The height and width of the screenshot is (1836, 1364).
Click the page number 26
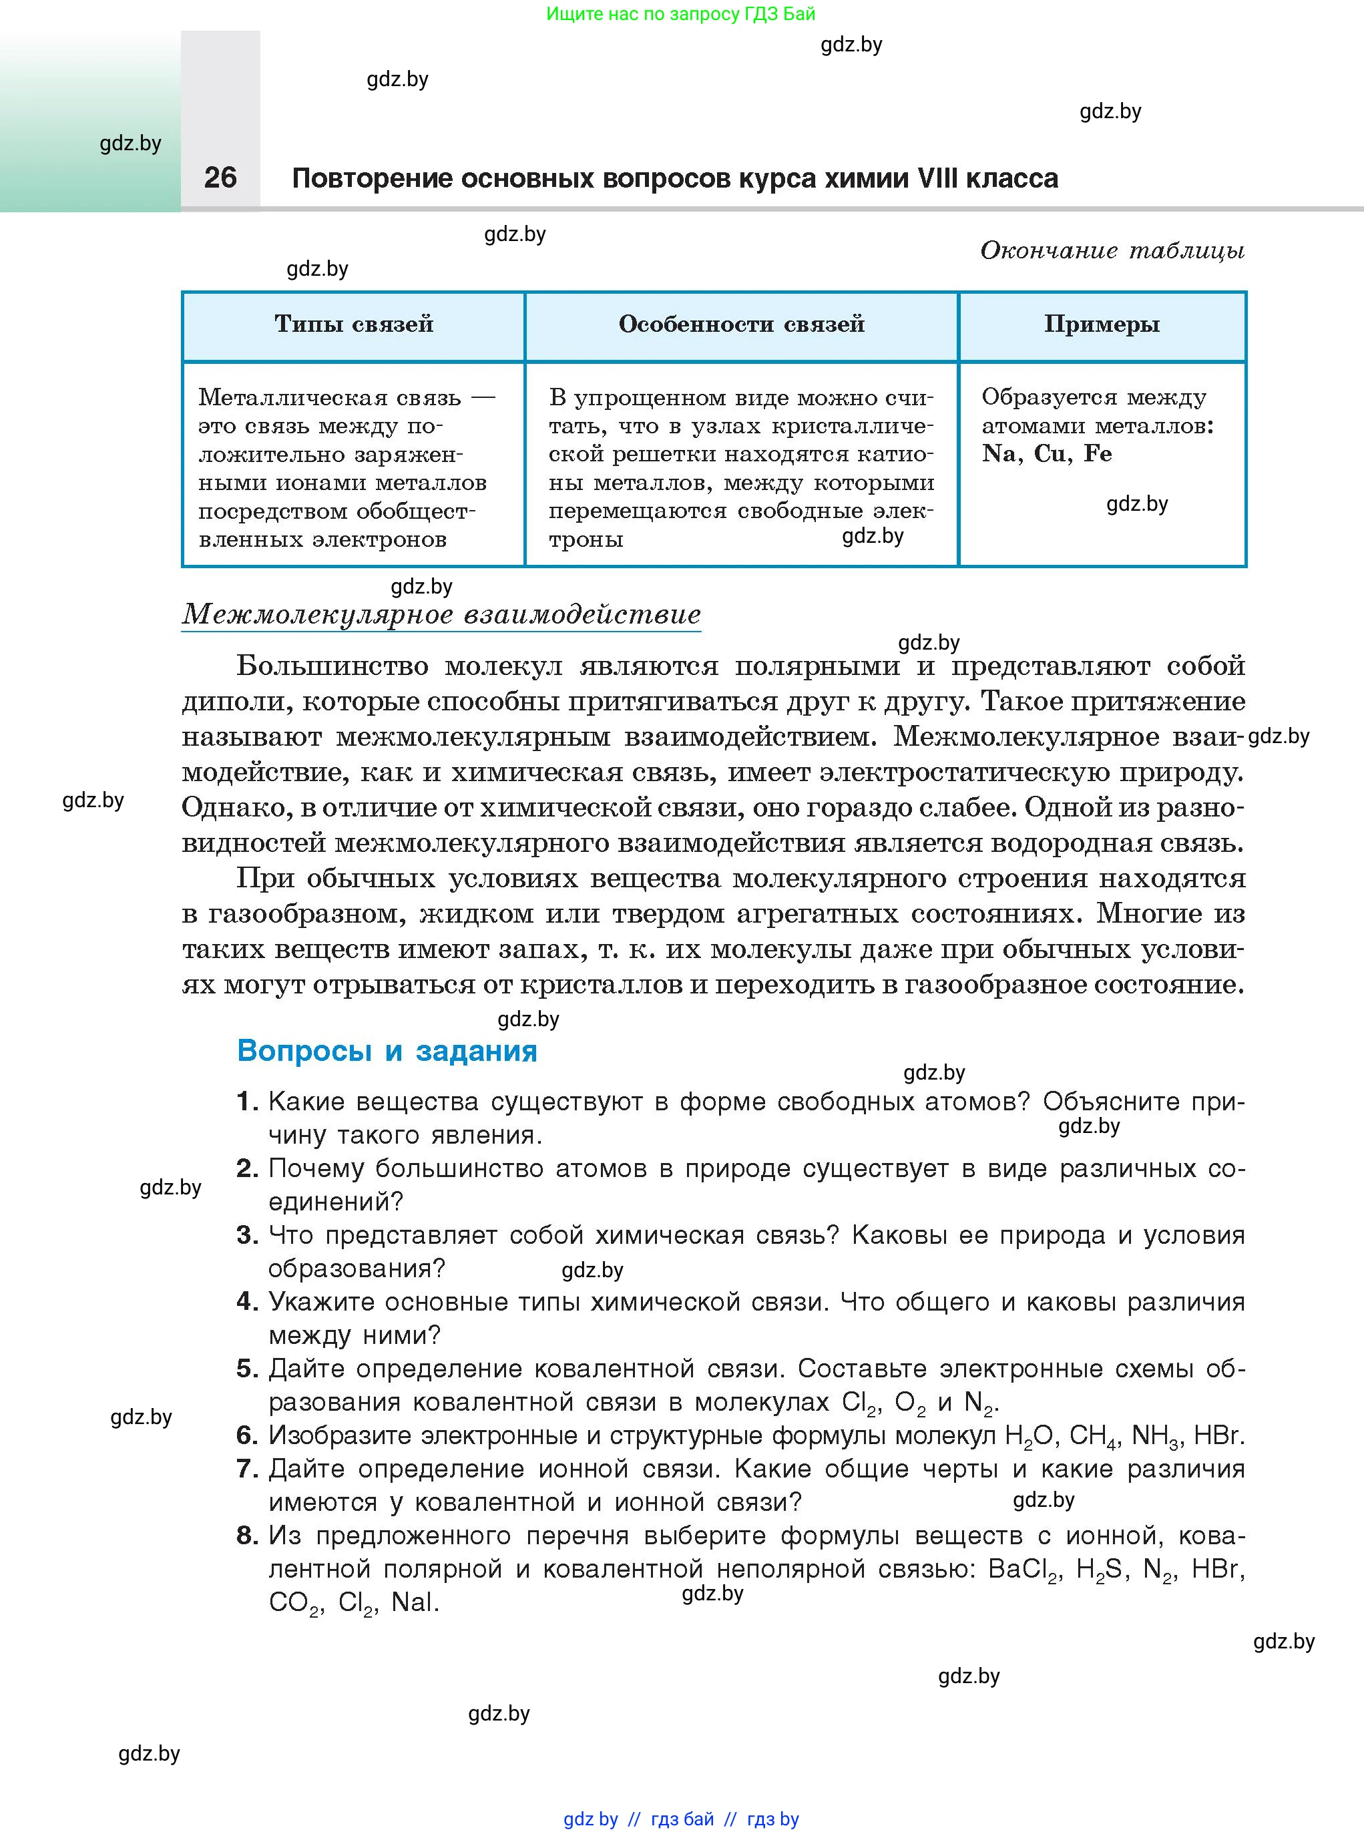coord(220,178)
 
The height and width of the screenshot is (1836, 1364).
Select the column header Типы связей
coord(353,324)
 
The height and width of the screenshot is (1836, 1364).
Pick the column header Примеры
coord(1102,324)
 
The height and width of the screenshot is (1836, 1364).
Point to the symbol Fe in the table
coord(1098,453)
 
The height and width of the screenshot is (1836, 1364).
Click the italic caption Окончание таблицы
coord(1112,250)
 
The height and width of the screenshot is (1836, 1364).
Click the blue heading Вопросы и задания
coord(387,1051)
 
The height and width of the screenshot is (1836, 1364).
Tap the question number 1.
coord(247,1102)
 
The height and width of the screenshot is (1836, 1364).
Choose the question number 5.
coord(247,1369)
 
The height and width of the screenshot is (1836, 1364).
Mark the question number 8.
coord(247,1536)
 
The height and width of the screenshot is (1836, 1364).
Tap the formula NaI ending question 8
coord(415,1602)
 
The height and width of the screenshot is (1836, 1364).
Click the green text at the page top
coord(680,13)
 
